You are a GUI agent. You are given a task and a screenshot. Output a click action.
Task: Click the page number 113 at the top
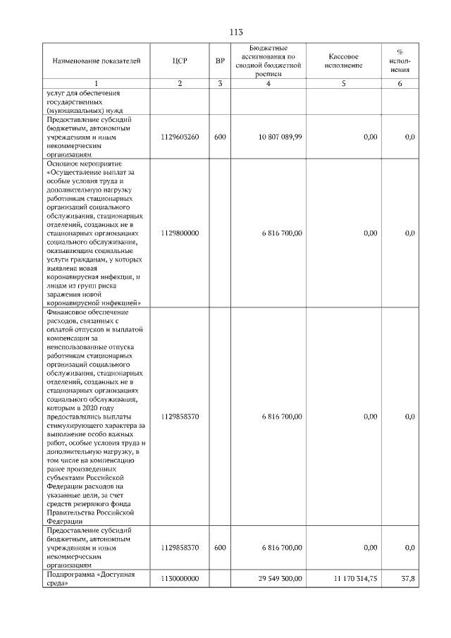click(236, 32)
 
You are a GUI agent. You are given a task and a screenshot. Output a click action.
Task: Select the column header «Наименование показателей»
click(97, 61)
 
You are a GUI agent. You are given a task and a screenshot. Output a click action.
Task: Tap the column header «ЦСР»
click(180, 61)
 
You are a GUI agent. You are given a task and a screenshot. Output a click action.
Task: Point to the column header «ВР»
click(220, 61)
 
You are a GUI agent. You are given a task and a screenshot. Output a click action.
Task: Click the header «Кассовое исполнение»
click(344, 61)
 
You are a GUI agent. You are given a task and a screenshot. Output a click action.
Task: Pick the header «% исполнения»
click(400, 61)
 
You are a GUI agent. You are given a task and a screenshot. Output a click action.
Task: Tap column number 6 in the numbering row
click(400, 84)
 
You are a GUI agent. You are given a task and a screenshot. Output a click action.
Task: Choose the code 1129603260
click(180, 137)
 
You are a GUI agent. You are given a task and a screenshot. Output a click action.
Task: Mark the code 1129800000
click(180, 233)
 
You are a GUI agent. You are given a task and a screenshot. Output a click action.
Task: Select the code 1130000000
click(180, 578)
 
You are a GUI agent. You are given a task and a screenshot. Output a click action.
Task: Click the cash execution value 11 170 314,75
click(355, 578)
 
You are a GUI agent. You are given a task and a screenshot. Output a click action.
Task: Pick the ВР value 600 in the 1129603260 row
click(220, 137)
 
